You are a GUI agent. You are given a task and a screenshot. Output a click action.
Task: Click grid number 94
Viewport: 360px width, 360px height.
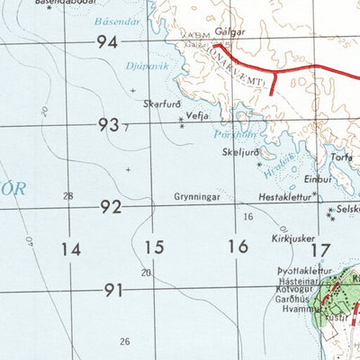pyautogui.click(x=108, y=41)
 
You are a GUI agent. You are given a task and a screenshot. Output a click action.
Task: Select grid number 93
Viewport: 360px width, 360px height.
pyautogui.click(x=109, y=125)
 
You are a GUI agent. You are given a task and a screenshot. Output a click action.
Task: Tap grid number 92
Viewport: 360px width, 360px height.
pyautogui.click(x=111, y=207)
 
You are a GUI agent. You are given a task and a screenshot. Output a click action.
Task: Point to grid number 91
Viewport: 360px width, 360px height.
pyautogui.click(x=113, y=290)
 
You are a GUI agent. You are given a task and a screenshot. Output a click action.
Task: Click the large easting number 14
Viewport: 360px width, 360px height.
pyautogui.click(x=72, y=247)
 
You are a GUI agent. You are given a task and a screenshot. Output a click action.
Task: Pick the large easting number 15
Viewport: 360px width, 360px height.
pyautogui.click(x=155, y=247)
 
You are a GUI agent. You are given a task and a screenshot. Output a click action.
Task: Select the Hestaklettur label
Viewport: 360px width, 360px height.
pyautogui.click(x=283, y=194)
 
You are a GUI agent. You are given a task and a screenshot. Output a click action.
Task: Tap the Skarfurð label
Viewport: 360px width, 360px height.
pyautogui.click(x=162, y=103)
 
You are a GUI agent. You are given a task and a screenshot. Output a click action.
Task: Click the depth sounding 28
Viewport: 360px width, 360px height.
pyautogui.click(x=68, y=195)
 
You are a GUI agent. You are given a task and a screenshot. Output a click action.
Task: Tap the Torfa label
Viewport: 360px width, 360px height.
pyautogui.click(x=341, y=156)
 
